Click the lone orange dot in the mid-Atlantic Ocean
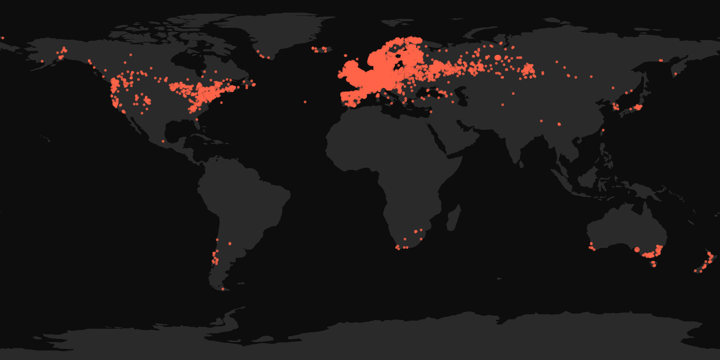point(305,102)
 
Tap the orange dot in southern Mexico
point(163,141)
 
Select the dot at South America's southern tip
point(223,289)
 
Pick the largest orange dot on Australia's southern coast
point(637,250)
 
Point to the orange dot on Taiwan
point(603,130)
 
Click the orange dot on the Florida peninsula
point(197,120)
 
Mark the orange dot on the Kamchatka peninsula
point(675,74)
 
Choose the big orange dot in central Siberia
point(497,57)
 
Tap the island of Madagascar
point(454,218)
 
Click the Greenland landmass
point(281,32)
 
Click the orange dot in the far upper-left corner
point(2,38)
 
